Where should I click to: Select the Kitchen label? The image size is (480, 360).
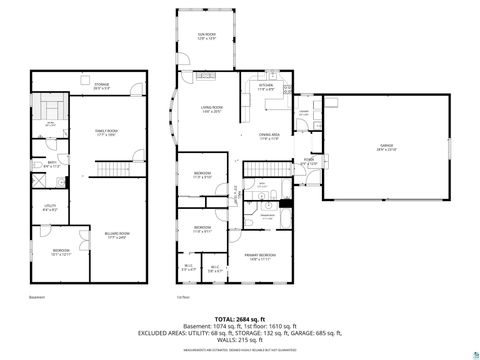pyautogui.click(x=266, y=87)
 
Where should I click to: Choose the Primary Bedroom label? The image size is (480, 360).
pyautogui.click(x=261, y=257)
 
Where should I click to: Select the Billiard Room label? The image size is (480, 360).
pyautogui.click(x=117, y=236)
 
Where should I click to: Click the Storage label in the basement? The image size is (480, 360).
pyautogui.click(x=102, y=86)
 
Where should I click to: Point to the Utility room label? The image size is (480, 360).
pyautogui.click(x=49, y=209)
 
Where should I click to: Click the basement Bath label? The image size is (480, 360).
pyautogui.click(x=51, y=164)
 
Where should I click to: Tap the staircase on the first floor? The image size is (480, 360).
pyautogui.click(x=232, y=189)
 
